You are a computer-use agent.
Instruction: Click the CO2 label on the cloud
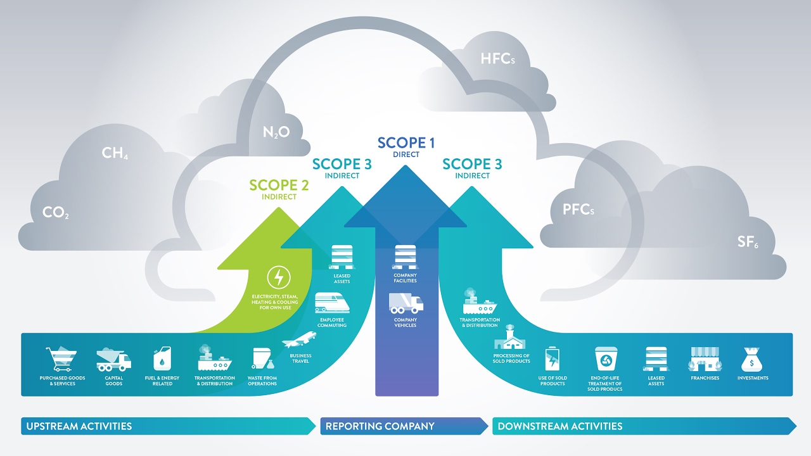coord(56,213)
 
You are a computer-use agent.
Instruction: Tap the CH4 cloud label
coord(115,153)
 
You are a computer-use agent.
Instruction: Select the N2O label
coord(276,132)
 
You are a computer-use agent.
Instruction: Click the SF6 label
coord(748,241)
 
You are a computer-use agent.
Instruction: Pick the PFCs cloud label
coord(578,210)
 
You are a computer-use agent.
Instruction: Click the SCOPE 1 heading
coord(406,144)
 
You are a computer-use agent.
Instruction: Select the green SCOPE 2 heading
coord(279,186)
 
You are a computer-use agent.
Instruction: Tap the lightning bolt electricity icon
coord(277,277)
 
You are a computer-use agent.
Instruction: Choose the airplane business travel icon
coord(300,340)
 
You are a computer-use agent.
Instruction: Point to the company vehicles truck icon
coord(406,303)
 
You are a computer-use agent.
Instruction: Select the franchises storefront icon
coord(705,359)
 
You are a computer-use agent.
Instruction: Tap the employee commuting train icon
coord(332,305)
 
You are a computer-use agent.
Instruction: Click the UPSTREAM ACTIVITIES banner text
coord(79,426)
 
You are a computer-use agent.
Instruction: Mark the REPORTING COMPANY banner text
coord(380,426)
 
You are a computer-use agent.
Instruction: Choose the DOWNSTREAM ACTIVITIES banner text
coord(560,426)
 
